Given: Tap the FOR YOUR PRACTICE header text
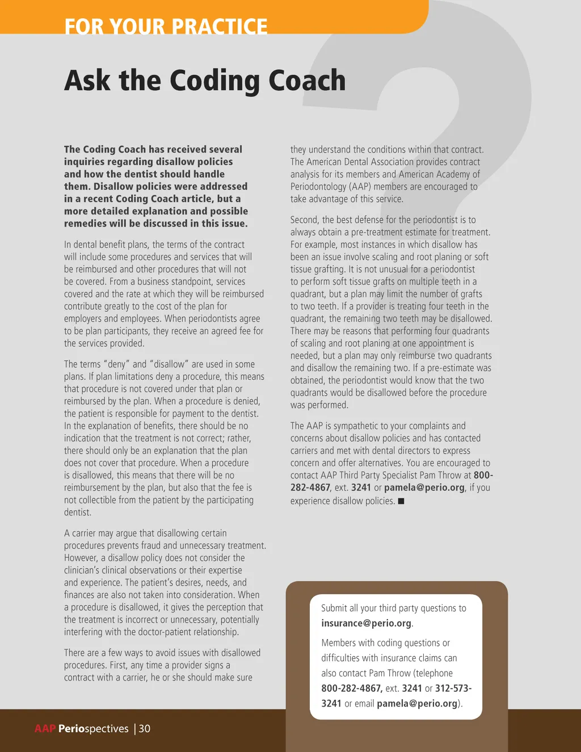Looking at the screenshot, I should tap(166, 26).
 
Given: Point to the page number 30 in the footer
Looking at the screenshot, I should tap(145, 729).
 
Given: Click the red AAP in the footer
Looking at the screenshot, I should tap(45, 729).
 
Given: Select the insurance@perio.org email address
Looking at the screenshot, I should tap(366, 623).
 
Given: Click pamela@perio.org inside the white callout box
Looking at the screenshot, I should tap(417, 704).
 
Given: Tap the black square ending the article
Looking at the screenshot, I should tap(401, 501).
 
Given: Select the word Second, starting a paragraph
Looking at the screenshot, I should tap(305, 220).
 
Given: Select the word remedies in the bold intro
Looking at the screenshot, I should tap(85, 224).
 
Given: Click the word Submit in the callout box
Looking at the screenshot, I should tap(334, 608).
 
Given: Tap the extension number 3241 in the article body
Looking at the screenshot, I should tap(361, 488).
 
